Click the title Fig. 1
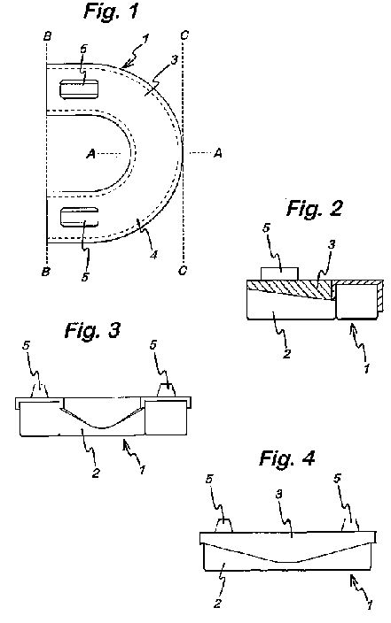[x=111, y=11]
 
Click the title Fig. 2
[x=314, y=208]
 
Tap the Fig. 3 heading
[x=92, y=330]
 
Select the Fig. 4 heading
[x=286, y=458]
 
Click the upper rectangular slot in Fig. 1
[x=79, y=89]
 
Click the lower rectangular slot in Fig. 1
[x=79, y=217]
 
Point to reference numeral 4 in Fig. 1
[x=153, y=255]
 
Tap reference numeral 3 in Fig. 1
[x=174, y=60]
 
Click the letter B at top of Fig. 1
[x=47, y=36]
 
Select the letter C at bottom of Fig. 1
[x=183, y=271]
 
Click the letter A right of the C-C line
[x=217, y=153]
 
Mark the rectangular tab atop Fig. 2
[x=279, y=273]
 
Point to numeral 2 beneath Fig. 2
[x=286, y=354]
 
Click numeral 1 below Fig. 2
[x=366, y=368]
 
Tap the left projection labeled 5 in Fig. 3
[x=39, y=389]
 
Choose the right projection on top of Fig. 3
[x=167, y=389]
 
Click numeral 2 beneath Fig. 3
[x=96, y=473]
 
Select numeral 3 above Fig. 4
[x=279, y=495]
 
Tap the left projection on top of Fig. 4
[x=223, y=526]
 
